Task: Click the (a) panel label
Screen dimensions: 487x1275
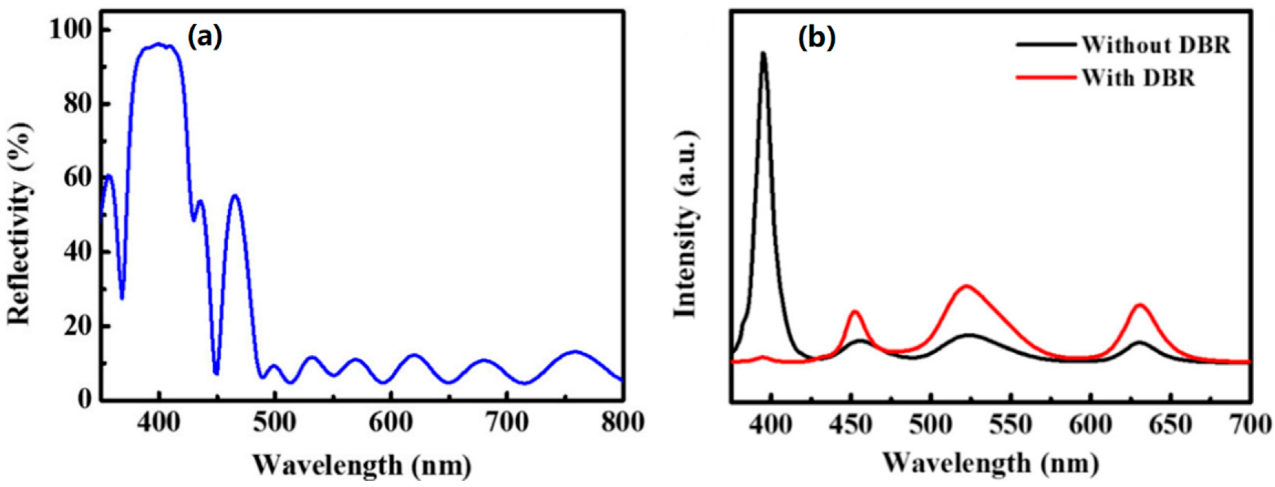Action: [x=205, y=38]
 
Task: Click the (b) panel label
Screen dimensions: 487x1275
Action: [x=816, y=39]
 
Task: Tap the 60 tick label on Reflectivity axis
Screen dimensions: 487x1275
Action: [x=79, y=178]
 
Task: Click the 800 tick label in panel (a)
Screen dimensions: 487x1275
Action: [x=622, y=423]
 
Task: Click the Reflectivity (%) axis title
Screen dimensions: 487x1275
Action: [x=20, y=223]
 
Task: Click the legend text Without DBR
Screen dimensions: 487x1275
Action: [x=1156, y=45]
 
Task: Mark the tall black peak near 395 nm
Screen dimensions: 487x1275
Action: [x=763, y=53]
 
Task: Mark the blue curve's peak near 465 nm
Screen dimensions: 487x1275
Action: [x=235, y=196]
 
